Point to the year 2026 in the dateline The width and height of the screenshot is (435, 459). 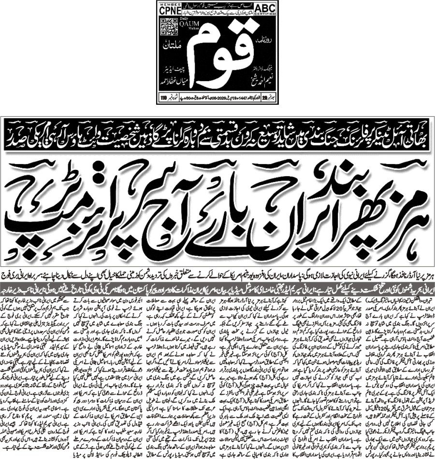(227, 99)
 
